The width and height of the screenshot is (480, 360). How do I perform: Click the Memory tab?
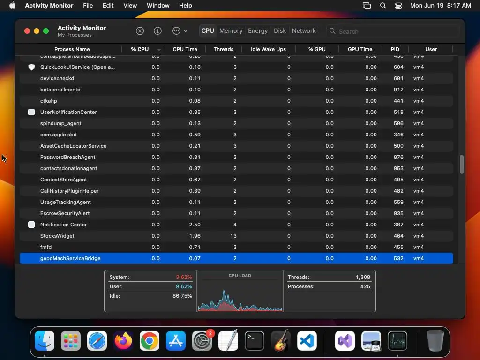click(231, 31)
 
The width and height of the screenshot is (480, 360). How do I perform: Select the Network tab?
click(304, 31)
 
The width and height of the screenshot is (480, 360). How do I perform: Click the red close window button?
click(27, 31)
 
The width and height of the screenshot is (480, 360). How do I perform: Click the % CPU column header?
click(140, 49)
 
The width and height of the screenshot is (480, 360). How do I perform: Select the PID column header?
click(395, 49)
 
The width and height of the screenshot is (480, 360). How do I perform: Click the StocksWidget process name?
click(57, 236)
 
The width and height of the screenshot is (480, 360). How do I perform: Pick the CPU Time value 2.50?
click(195, 225)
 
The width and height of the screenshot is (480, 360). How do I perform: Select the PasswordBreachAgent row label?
click(67, 157)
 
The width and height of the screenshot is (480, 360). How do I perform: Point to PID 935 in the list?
click(398, 213)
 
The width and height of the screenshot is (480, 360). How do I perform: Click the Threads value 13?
click(233, 236)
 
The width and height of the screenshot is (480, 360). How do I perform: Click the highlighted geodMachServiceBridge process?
click(70, 258)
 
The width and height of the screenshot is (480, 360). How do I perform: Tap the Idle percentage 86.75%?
click(182, 296)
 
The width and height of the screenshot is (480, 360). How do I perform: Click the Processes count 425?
click(365, 286)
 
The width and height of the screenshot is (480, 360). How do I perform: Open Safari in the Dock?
click(97, 341)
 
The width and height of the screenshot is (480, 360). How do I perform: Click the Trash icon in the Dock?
click(435, 341)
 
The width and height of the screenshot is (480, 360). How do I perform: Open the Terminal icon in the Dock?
click(255, 341)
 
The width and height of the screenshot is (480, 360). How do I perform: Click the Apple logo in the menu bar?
click(12, 6)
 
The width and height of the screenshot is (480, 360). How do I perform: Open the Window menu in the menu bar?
click(158, 6)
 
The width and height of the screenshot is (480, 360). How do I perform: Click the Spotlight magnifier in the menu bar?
click(383, 6)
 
